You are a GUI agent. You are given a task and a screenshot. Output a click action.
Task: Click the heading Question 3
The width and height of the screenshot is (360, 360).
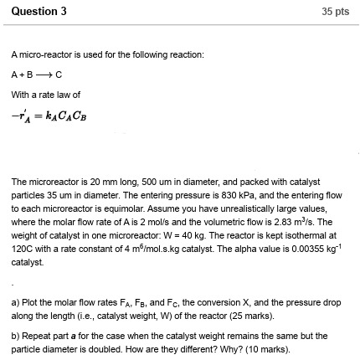pos(34,11)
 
